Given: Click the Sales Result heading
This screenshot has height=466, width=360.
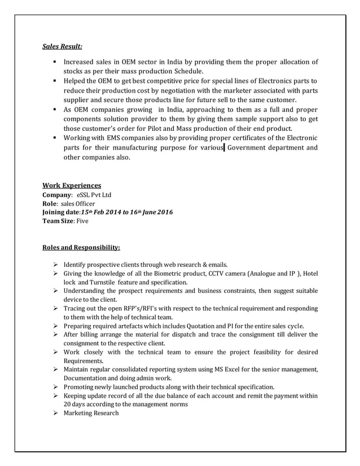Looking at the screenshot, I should point(63,46).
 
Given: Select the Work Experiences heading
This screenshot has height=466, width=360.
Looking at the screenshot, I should point(72,185).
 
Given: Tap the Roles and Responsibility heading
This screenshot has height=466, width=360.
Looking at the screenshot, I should point(81,247).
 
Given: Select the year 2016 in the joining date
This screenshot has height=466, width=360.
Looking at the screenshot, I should point(163,212).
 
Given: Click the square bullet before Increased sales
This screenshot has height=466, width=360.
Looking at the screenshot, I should point(55,62).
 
